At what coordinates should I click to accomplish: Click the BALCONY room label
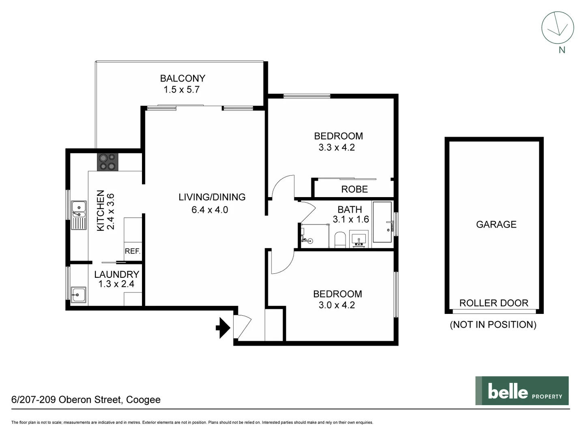[x=182, y=78]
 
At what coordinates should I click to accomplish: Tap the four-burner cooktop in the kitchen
[x=107, y=162]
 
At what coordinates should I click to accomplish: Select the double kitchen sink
[x=79, y=215]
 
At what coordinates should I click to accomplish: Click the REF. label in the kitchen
[x=132, y=251]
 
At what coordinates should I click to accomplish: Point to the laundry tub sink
[x=78, y=295]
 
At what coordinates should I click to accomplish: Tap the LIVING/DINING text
[x=212, y=197]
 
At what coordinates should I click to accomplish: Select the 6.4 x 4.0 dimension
[x=210, y=210]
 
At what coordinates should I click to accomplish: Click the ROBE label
[x=354, y=189]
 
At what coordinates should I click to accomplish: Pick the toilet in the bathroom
[x=339, y=240]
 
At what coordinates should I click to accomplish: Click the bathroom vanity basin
[x=359, y=240]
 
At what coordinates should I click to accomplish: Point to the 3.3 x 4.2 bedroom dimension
[x=337, y=148]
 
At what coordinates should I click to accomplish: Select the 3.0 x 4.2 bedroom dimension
[x=337, y=305]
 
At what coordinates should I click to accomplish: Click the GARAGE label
[x=496, y=224]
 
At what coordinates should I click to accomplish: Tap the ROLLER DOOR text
[x=494, y=303]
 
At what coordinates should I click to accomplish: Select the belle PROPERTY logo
[x=522, y=391]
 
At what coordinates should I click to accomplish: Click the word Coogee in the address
[x=143, y=400]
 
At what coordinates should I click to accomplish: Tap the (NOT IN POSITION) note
[x=493, y=324]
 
